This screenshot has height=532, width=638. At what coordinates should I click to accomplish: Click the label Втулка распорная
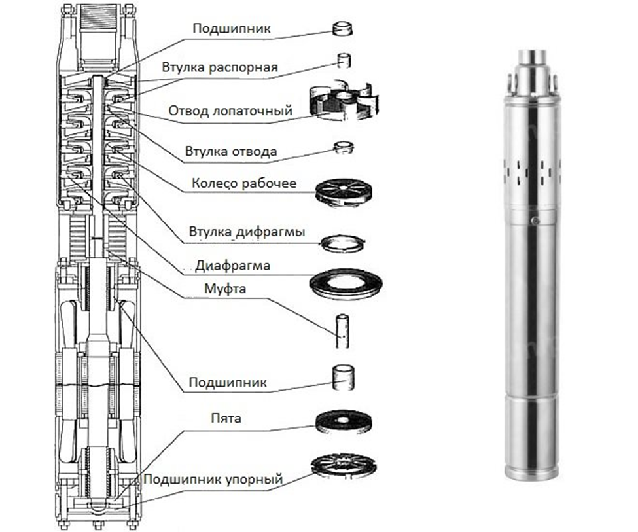point(220,67)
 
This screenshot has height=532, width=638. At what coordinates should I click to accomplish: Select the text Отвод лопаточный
point(230,110)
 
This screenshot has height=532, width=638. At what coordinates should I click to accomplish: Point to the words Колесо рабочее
point(244,183)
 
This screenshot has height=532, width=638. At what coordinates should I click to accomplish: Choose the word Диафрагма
point(232,266)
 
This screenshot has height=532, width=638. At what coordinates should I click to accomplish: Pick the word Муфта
point(226,289)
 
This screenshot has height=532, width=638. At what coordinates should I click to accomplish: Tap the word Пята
point(226,418)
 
